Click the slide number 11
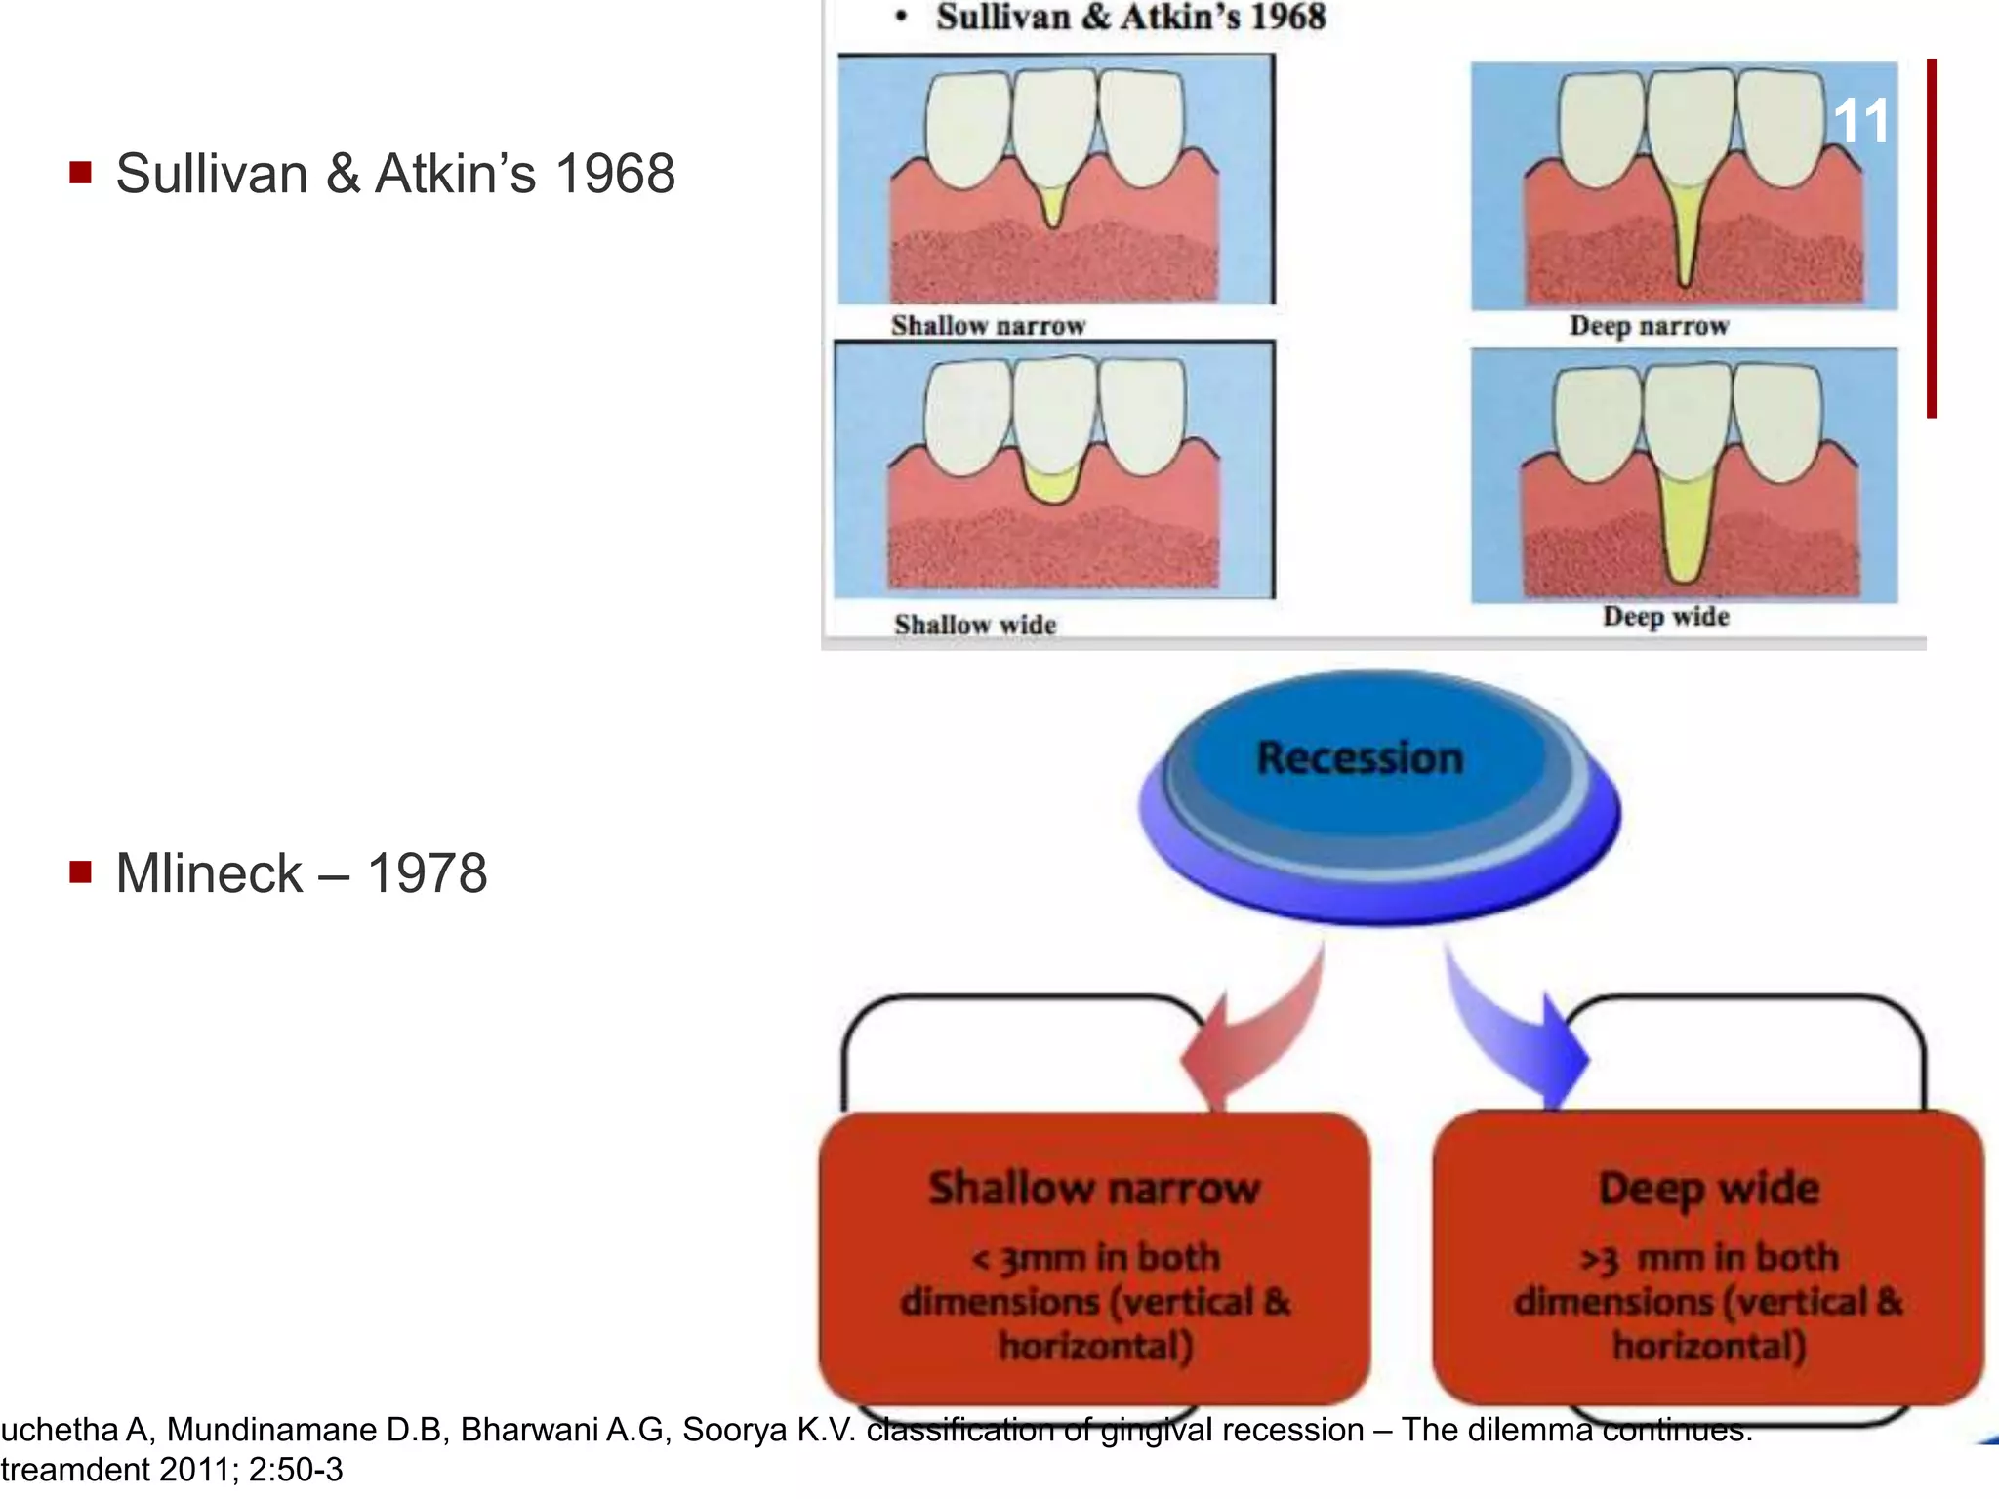click(x=1860, y=122)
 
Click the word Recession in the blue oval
click(x=1360, y=758)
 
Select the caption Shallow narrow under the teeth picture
click(x=988, y=326)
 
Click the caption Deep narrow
click(x=1649, y=326)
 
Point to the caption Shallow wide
click(x=975, y=625)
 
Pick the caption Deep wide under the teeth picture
click(x=1665, y=617)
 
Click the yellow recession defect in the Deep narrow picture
click(x=1686, y=234)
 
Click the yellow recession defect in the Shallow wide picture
click(x=1052, y=484)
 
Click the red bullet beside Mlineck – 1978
click(x=81, y=871)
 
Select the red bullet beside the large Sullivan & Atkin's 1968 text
click(x=81, y=174)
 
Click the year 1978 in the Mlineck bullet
click(x=427, y=872)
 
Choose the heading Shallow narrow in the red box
click(x=1094, y=1189)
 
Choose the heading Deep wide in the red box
click(x=1708, y=1189)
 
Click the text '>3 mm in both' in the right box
click(x=1708, y=1258)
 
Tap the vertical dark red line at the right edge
click(x=1931, y=239)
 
